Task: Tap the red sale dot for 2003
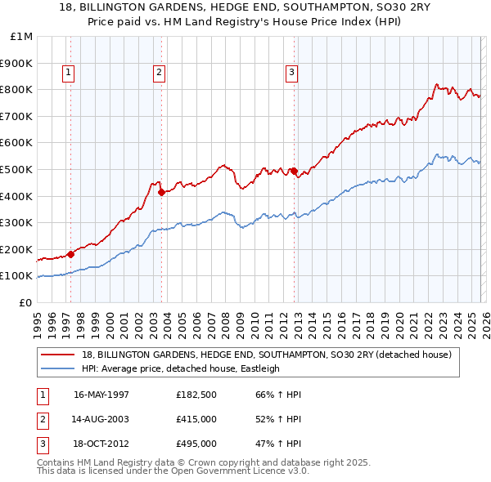(161, 193)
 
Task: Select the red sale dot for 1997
(70, 254)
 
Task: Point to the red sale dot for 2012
(294, 172)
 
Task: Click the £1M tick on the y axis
(22, 37)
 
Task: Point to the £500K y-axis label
(16, 169)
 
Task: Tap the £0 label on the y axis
(25, 302)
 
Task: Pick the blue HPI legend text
(181, 368)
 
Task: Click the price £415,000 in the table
(196, 419)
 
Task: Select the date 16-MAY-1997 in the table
(101, 395)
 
